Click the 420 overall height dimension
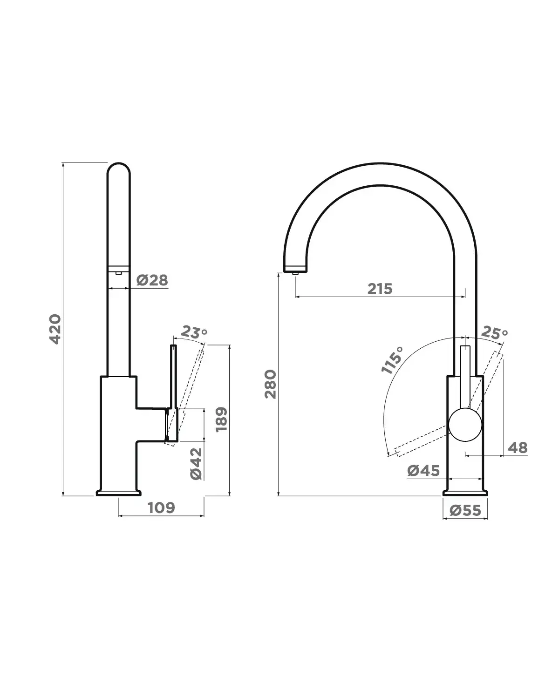coord(55,329)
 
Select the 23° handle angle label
coord(194,332)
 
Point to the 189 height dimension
coord(222,419)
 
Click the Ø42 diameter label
coord(196,464)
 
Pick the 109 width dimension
coord(161,507)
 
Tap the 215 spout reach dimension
coord(380,289)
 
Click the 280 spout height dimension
coord(270,384)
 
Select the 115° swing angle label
coord(392,360)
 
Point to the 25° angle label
coord(494,332)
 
